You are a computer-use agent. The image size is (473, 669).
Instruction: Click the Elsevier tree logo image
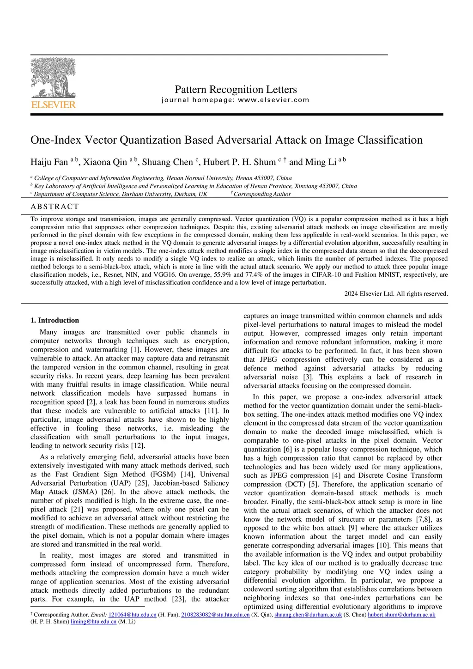tap(54, 78)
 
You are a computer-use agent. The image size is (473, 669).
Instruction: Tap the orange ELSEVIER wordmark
tap(54, 105)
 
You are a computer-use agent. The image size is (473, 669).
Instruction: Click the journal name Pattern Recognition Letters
tap(236, 90)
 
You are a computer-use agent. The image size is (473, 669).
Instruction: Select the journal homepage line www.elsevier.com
tap(236, 100)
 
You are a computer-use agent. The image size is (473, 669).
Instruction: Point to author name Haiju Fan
tap(49, 162)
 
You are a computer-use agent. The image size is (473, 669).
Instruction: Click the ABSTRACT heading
tap(55, 207)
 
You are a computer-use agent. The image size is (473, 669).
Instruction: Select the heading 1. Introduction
tap(55, 320)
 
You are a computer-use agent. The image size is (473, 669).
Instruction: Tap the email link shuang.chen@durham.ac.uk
tap(308, 615)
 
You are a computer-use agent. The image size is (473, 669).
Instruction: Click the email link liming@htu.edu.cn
tap(93, 622)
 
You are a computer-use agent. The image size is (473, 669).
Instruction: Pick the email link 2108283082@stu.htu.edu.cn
tap(215, 615)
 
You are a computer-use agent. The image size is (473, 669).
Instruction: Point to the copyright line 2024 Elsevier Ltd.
tap(396, 294)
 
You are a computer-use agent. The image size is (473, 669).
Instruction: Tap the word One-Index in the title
tap(55, 140)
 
